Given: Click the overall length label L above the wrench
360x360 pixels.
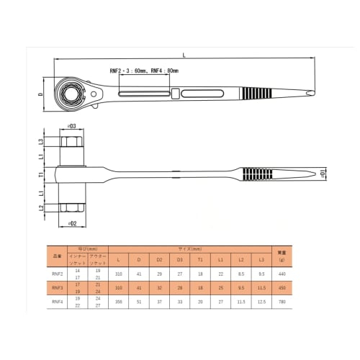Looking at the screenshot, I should [184, 55].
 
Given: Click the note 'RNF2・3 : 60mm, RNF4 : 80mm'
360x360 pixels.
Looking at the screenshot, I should [143, 71].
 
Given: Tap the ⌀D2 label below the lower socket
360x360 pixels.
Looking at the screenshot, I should [72, 222].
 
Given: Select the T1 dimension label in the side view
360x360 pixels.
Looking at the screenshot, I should [42, 174].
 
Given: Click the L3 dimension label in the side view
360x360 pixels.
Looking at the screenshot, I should [42, 142].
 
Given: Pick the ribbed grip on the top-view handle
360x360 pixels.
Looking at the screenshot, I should [255, 94].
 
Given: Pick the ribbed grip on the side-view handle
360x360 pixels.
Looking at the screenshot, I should [255, 174].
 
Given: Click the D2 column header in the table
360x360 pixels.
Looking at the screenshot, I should [159, 260].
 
